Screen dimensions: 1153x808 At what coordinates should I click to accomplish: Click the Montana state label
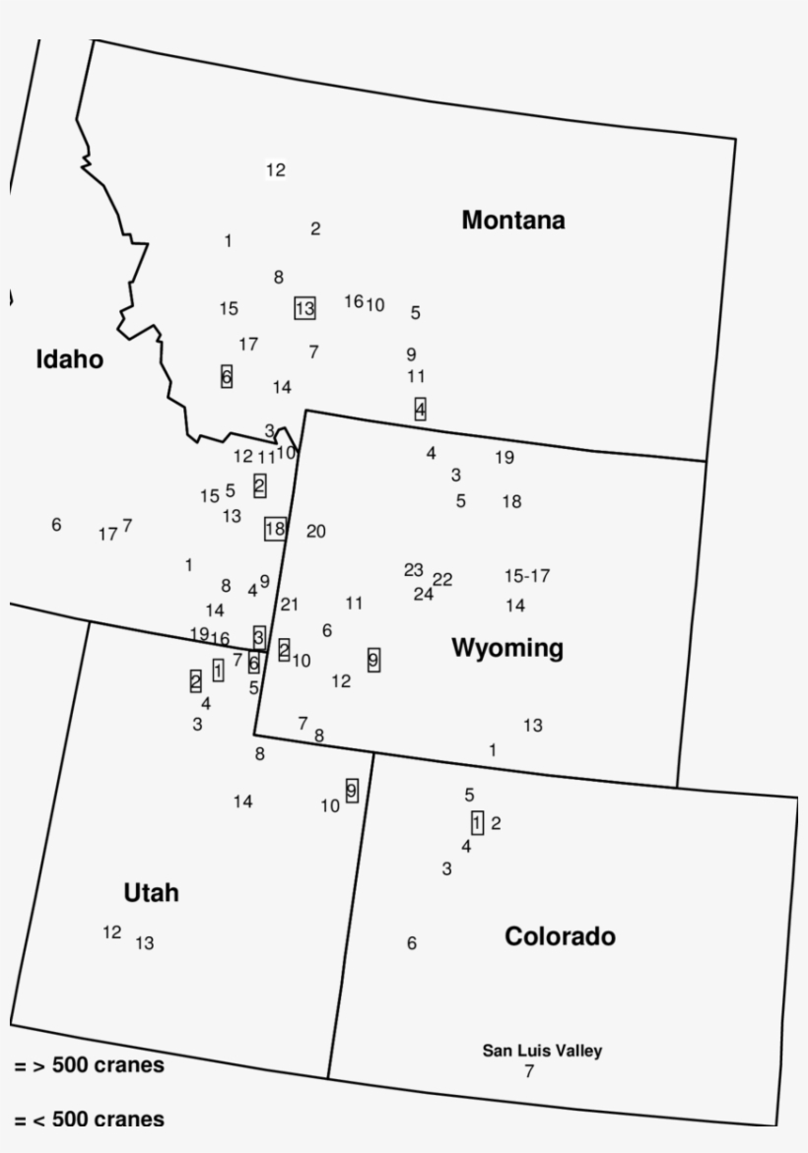(513, 221)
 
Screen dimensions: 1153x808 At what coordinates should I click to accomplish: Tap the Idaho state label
(69, 360)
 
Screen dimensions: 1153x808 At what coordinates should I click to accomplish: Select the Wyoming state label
(507, 648)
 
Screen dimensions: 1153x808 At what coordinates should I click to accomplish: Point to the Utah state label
(151, 893)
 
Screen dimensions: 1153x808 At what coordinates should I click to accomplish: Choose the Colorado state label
(560, 936)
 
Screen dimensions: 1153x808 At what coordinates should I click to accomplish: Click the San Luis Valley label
(542, 1051)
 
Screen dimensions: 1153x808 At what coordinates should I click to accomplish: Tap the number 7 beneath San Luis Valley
(529, 1071)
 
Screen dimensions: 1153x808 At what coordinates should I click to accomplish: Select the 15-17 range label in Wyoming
(527, 575)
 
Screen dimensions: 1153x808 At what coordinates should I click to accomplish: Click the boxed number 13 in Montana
(304, 308)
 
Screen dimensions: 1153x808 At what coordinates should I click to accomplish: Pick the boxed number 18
(275, 529)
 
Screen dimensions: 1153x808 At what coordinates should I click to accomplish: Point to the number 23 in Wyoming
(413, 570)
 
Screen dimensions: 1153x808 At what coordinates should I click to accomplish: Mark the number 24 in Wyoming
(423, 594)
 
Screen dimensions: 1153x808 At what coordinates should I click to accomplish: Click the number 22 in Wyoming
(442, 579)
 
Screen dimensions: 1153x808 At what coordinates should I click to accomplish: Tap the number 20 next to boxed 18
(315, 532)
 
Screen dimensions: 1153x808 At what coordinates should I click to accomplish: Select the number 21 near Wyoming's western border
(289, 604)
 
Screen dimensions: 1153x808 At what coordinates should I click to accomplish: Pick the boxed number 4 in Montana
(421, 409)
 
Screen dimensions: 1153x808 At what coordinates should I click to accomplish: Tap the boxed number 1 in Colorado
(477, 822)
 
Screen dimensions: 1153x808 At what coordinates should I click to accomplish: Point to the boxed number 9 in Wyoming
(373, 660)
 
